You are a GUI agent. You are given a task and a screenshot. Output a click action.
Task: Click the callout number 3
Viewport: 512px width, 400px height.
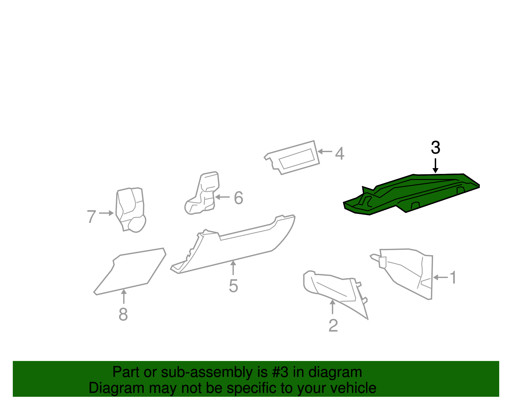click(436, 148)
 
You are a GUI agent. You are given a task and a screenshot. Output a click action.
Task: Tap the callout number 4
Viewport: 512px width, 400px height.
click(340, 153)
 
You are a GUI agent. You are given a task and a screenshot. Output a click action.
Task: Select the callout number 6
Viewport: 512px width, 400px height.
click(239, 198)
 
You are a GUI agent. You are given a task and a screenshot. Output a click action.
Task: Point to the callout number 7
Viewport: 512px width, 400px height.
click(92, 217)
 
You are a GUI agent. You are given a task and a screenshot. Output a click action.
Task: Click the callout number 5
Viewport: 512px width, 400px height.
click(234, 286)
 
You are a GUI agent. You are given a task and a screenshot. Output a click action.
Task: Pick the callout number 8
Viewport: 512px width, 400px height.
click(123, 314)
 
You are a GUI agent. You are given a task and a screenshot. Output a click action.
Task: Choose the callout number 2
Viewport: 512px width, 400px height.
click(333, 326)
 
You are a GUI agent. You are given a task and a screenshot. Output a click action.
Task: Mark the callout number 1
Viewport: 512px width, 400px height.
click(453, 277)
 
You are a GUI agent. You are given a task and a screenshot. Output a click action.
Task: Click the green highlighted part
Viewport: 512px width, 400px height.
click(413, 192)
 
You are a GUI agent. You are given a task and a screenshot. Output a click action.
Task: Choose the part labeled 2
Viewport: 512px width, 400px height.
click(333, 288)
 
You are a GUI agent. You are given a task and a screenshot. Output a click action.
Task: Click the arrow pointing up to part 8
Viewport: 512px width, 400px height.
click(124, 296)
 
